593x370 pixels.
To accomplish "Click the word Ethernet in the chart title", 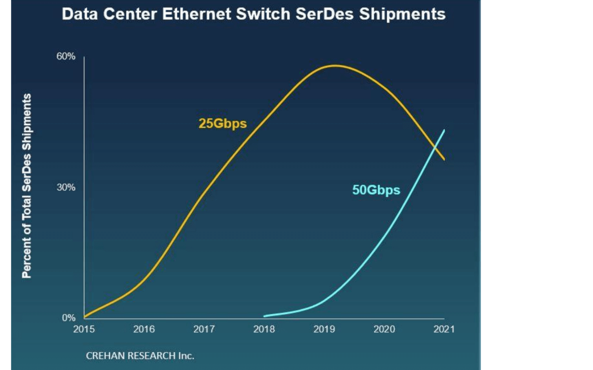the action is (x=196, y=14).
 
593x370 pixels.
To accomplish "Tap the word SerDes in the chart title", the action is (x=324, y=14).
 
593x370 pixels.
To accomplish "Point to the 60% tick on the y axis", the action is (x=66, y=56).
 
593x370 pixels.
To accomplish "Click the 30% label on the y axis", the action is (x=66, y=187).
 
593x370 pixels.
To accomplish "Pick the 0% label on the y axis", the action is (x=69, y=317).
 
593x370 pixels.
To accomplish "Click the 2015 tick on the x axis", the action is (x=84, y=329).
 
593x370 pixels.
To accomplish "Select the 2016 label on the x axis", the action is (x=144, y=329).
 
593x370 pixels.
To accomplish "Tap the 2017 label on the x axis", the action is (x=204, y=329).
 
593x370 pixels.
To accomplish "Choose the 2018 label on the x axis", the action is (x=264, y=329).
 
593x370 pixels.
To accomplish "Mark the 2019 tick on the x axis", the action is (x=324, y=329).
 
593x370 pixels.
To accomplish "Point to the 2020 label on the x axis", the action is (x=384, y=329).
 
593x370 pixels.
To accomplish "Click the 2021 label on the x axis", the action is (x=444, y=329).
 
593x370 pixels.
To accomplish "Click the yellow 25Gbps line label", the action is (x=223, y=124).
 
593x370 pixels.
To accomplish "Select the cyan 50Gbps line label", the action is (x=376, y=190).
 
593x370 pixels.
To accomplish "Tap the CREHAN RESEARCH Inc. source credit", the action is (x=140, y=356).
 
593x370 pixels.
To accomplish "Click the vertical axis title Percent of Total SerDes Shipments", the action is (x=27, y=186).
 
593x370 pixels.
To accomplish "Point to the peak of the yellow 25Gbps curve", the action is (x=336, y=65).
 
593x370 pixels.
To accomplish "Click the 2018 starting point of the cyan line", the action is (x=264, y=316).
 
